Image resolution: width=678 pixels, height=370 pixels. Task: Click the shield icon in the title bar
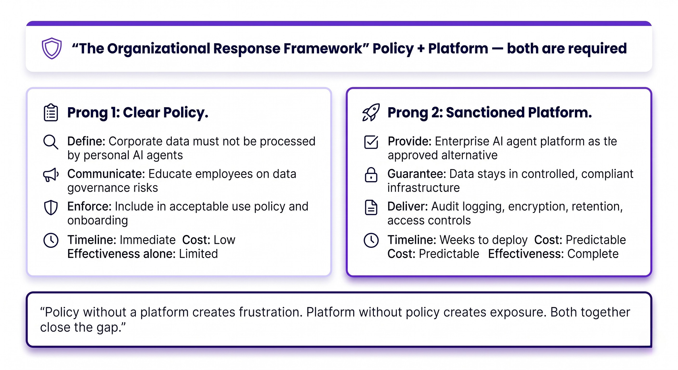pos(52,48)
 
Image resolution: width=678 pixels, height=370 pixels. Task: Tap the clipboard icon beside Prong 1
pos(51,113)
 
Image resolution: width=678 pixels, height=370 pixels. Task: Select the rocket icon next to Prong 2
pos(371,112)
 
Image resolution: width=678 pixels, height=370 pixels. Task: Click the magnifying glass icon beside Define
pos(51,142)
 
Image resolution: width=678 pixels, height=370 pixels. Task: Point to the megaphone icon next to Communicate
pos(51,175)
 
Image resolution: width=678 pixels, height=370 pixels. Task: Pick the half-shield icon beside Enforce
pos(51,208)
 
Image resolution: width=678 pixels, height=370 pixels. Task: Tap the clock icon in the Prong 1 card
pos(51,240)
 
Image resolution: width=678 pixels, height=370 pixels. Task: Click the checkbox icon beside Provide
pos(371,142)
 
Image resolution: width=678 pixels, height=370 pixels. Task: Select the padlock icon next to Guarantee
pos(371,175)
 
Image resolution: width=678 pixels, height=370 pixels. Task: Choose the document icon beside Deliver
pos(371,208)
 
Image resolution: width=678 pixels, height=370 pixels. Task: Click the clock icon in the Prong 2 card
pos(371,240)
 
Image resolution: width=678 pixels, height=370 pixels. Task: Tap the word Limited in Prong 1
pos(198,254)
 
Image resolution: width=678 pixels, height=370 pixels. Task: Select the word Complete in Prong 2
pos(593,254)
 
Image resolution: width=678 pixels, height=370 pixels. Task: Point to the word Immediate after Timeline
pos(148,240)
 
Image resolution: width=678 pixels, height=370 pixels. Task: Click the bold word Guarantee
pos(417,174)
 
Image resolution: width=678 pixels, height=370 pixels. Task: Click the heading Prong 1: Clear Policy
pos(138,113)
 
